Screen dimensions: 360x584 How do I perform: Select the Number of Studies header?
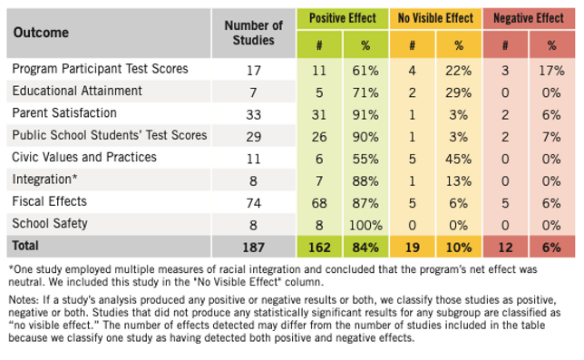(253, 32)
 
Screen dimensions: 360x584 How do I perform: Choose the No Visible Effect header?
(434, 17)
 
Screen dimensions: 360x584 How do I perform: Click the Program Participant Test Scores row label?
(100, 69)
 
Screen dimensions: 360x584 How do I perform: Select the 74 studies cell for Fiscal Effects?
(253, 200)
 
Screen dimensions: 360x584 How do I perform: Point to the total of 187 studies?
(253, 245)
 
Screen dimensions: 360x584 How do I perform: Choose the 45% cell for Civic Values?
(459, 157)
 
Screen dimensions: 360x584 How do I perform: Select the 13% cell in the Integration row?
(459, 179)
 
